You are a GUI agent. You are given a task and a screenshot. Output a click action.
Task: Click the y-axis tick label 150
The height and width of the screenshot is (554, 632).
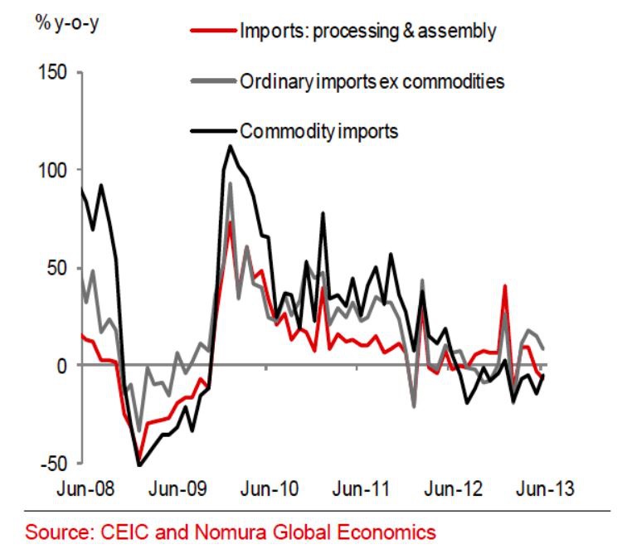53,73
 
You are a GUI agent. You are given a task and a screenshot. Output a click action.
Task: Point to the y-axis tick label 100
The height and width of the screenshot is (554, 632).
53,171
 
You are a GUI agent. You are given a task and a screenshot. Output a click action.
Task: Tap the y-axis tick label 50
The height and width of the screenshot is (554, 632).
58,268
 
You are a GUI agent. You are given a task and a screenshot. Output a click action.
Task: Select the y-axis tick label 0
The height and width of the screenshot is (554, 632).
63,366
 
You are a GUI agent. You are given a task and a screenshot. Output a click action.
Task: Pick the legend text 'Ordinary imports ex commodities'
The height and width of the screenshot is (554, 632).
372,81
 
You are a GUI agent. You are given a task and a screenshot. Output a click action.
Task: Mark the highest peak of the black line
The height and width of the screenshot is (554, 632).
230,147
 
